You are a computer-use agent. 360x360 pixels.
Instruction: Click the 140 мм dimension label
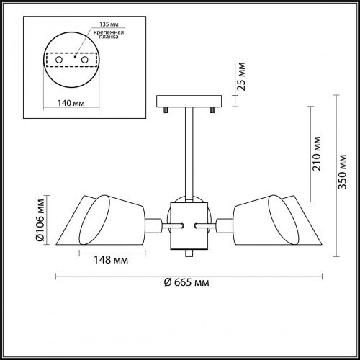coord(71,103)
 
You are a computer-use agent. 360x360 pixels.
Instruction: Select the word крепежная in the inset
coord(109,32)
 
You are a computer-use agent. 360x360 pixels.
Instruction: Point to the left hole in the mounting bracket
coord(59,60)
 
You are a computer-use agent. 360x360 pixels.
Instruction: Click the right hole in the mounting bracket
coord(85,60)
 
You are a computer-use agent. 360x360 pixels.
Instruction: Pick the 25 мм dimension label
coord(241,76)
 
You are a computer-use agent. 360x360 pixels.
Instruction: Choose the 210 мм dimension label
coord(316,153)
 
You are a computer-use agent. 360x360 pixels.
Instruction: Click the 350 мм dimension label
coord(342,172)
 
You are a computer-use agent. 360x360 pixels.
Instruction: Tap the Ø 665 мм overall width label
coord(186,282)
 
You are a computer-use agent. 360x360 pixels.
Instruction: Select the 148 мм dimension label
coord(111,260)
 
